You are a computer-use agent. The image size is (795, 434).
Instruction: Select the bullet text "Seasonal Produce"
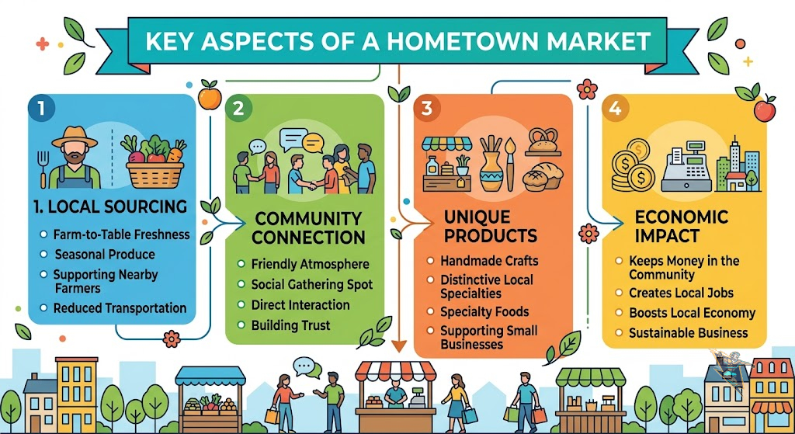click(x=105, y=254)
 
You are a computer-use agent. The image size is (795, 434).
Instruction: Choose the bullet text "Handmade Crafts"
click(x=489, y=261)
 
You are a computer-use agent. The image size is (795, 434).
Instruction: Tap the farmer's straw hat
click(x=75, y=137)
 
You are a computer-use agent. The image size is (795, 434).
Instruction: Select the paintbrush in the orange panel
click(x=509, y=163)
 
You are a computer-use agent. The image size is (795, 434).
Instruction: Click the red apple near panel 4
click(x=764, y=109)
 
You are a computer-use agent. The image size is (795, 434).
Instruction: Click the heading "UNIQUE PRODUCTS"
click(x=491, y=227)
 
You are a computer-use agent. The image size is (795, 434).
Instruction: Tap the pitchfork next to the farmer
click(x=42, y=169)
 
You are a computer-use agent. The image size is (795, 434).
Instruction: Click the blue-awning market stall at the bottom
click(x=210, y=398)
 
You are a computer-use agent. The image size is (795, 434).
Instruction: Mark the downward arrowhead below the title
click(x=399, y=345)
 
